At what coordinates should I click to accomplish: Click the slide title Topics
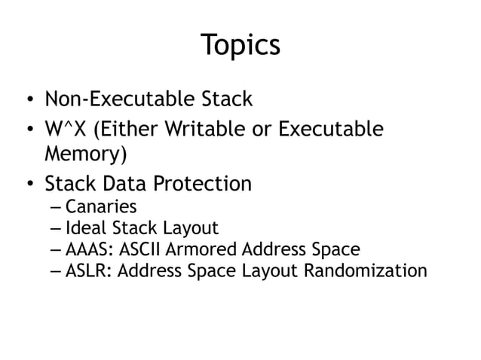(x=240, y=45)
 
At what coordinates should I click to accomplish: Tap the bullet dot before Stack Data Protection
(x=28, y=185)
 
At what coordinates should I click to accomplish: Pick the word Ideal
(x=84, y=228)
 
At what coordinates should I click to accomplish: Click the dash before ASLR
(x=57, y=271)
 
